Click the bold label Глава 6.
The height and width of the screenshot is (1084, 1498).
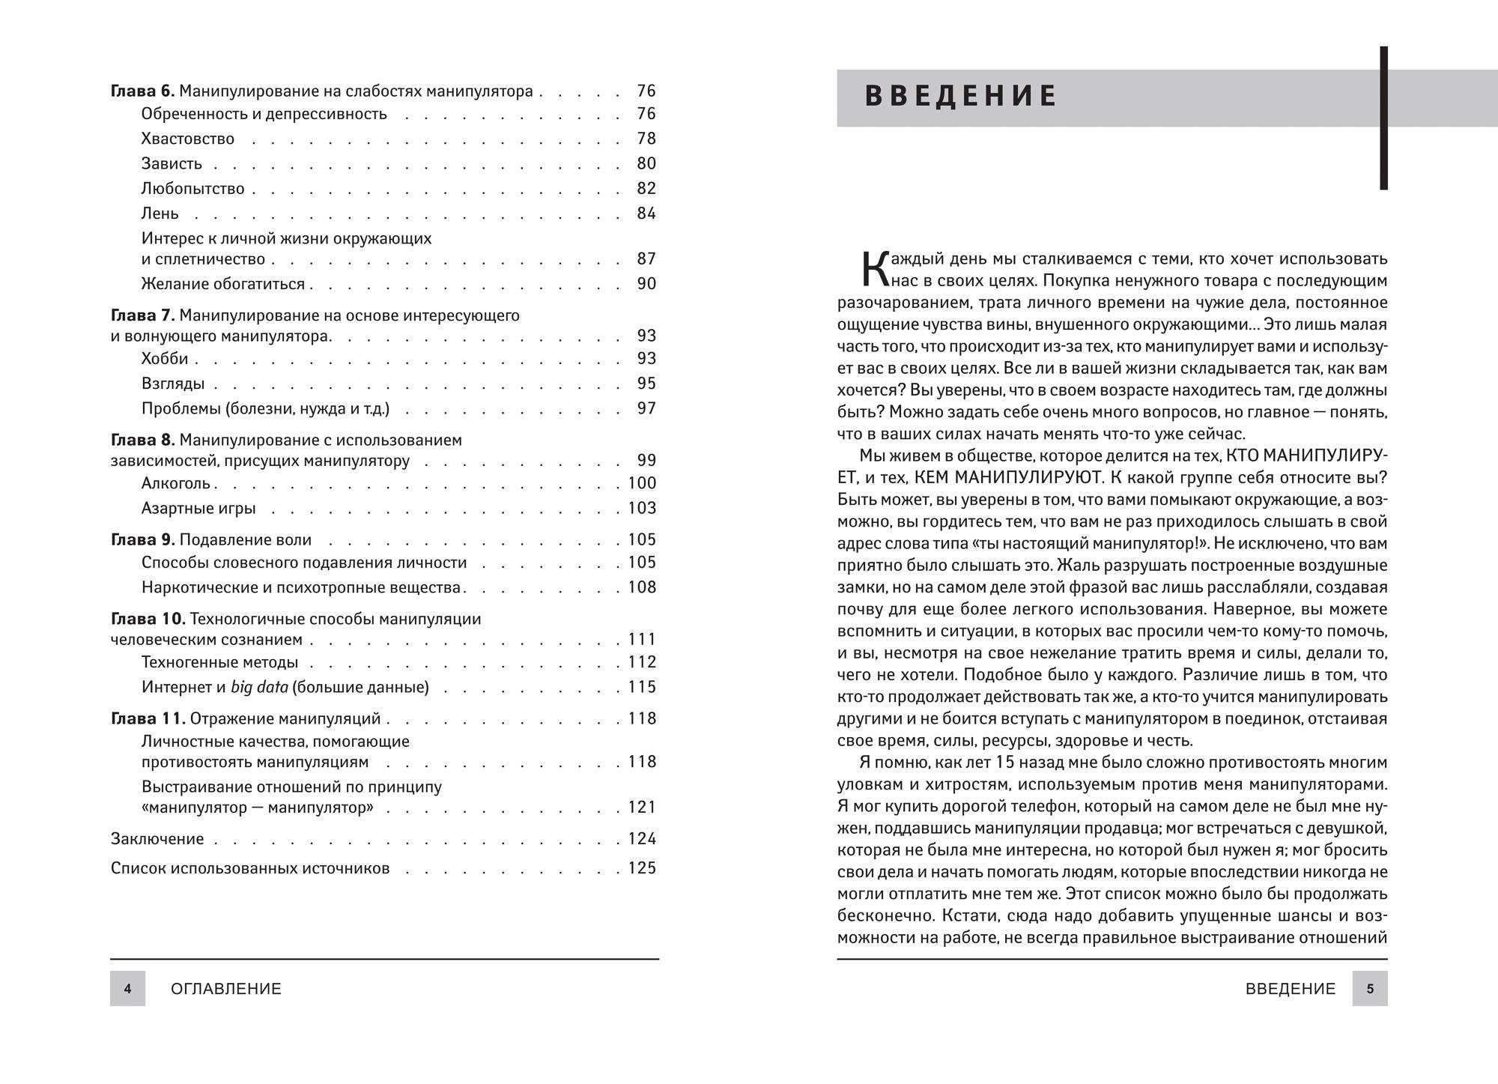142,91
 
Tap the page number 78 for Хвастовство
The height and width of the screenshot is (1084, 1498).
646,139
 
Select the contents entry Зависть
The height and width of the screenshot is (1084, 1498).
172,164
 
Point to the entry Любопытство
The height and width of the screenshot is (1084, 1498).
192,189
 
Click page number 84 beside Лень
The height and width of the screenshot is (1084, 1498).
646,214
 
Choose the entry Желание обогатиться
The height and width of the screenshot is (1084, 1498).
222,284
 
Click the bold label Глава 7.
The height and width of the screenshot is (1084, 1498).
142,315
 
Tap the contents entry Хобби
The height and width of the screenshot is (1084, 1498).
165,359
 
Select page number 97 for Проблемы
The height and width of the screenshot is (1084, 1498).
646,408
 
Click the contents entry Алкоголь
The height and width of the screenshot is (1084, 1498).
176,483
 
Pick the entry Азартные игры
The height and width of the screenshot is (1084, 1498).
198,508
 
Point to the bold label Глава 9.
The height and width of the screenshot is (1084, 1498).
142,540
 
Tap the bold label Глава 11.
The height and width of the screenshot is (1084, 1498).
148,719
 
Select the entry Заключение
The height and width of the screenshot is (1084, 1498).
157,839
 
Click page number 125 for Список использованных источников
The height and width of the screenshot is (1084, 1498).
642,868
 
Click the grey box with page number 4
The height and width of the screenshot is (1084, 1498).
127,989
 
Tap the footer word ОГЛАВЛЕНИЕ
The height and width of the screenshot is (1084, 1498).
226,989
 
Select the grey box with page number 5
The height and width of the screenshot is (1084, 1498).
1370,989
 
